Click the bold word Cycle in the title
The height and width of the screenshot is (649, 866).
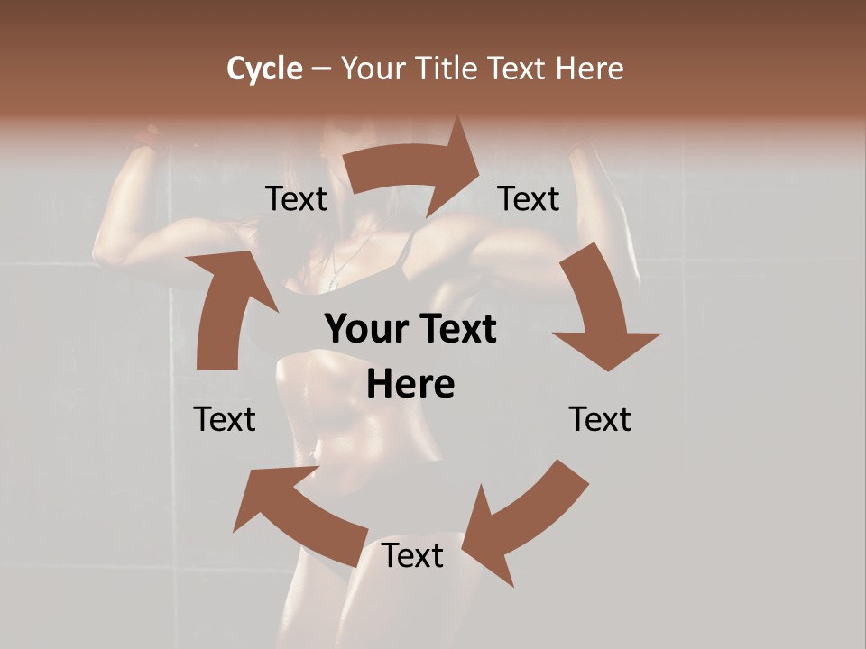click(x=264, y=69)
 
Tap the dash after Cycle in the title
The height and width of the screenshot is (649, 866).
click(x=321, y=69)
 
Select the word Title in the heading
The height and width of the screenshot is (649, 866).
click(x=450, y=69)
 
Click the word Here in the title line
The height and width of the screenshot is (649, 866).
click(x=590, y=69)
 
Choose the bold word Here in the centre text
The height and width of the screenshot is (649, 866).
click(x=410, y=385)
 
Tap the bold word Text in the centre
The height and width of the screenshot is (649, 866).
click(x=456, y=330)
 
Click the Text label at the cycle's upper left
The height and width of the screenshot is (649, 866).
click(x=297, y=199)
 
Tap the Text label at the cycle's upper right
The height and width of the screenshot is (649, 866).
click(x=529, y=199)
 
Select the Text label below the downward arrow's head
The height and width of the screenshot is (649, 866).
click(x=600, y=419)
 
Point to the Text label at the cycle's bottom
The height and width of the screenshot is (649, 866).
click(x=412, y=556)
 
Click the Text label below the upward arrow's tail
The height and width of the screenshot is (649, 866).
click(x=225, y=419)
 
